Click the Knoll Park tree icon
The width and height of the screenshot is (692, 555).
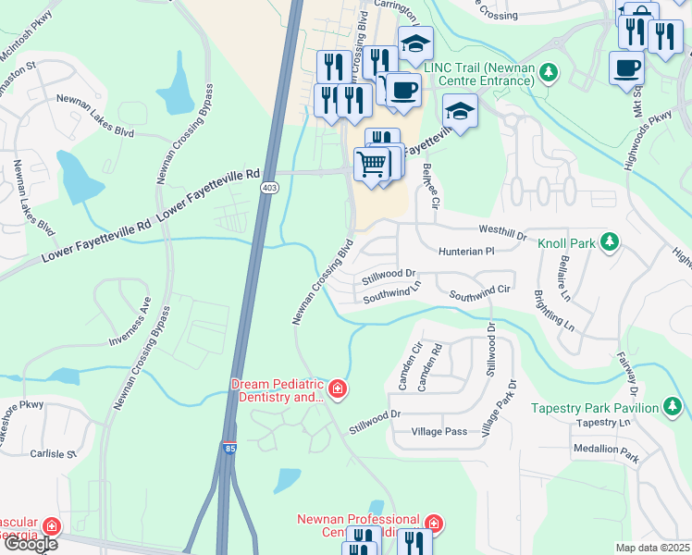[609, 242]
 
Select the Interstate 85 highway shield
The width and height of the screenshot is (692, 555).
[229, 449]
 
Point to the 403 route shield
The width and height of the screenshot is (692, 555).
[269, 188]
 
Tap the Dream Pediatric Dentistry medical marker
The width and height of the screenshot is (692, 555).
[337, 388]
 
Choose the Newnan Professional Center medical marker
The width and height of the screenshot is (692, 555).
[434, 524]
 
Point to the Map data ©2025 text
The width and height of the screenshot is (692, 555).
[653, 548]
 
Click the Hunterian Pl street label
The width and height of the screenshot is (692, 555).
[466, 251]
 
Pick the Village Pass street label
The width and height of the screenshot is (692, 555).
[439, 432]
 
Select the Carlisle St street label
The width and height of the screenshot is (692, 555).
[52, 454]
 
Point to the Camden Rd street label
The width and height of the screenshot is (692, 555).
[436, 368]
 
